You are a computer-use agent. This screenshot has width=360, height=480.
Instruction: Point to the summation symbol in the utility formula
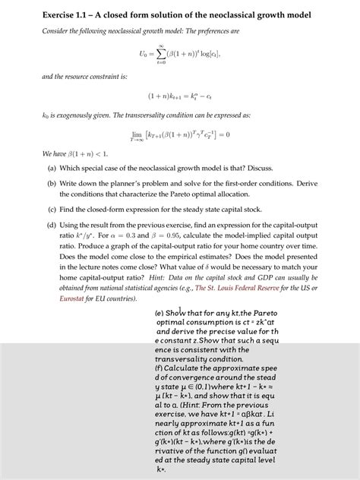point(162,54)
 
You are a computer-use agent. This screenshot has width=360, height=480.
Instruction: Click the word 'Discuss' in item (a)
point(256,168)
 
